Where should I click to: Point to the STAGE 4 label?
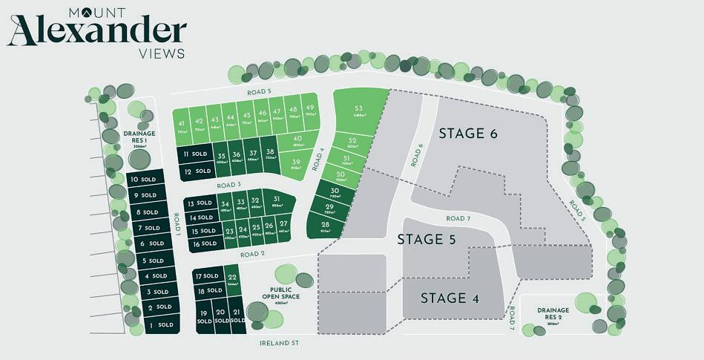(450, 298)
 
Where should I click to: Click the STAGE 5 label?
(426, 239)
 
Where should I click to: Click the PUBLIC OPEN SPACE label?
(286, 295)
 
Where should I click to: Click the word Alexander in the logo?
(96, 31)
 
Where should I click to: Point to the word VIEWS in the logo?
(162, 53)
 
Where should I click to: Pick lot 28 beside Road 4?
(326, 226)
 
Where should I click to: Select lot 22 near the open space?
(232, 280)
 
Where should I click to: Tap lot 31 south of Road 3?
(276, 202)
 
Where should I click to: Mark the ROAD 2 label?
(252, 254)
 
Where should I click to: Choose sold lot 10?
(143, 180)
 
